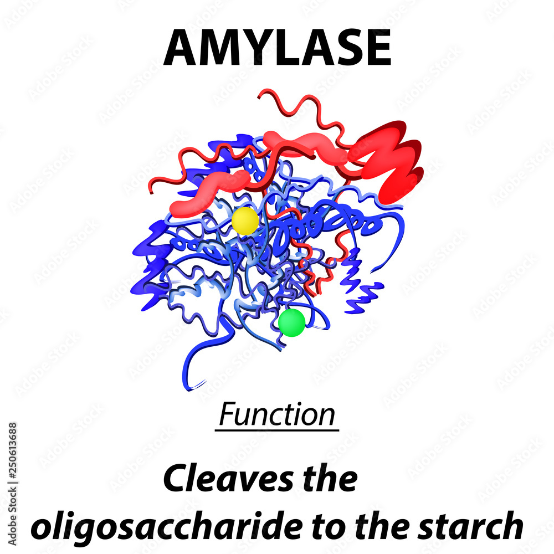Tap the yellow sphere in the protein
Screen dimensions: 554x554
click(245, 220)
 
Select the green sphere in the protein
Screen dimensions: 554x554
click(291, 322)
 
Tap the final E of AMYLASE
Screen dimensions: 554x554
click(377, 48)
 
